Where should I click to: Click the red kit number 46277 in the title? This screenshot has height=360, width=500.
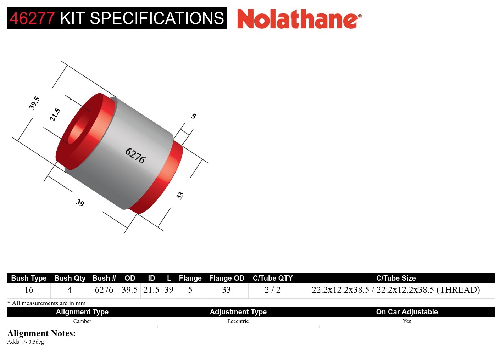pyautogui.click(x=32, y=18)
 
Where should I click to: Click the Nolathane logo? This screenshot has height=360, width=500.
pyautogui.click(x=299, y=19)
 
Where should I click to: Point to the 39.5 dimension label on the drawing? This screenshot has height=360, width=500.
pyautogui.click(x=34, y=103)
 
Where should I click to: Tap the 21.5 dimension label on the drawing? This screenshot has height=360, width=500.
pyautogui.click(x=55, y=115)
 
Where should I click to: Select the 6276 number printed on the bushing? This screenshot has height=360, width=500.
pyautogui.click(x=135, y=156)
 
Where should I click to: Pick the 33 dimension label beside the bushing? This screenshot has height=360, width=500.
pyautogui.click(x=180, y=195)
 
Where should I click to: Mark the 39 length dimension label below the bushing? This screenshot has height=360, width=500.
pyautogui.click(x=80, y=202)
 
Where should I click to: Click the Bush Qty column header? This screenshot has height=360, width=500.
pyautogui.click(x=70, y=278)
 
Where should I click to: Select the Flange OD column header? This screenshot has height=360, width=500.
pyautogui.click(x=227, y=278)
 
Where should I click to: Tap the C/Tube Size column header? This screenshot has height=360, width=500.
pyautogui.click(x=396, y=278)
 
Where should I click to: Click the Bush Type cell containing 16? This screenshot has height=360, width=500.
pyautogui.click(x=29, y=290)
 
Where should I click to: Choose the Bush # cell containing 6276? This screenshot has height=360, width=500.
pyautogui.click(x=104, y=290)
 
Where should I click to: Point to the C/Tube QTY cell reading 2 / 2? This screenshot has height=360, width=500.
pyautogui.click(x=272, y=290)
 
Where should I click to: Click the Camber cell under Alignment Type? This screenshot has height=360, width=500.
pyautogui.click(x=82, y=321)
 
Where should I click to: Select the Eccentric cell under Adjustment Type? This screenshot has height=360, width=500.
pyautogui.click(x=238, y=321)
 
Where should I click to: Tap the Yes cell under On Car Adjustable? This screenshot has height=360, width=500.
pyautogui.click(x=407, y=321)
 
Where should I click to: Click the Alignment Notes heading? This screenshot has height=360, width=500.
pyautogui.click(x=41, y=333)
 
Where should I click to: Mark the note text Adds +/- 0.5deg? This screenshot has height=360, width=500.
pyautogui.click(x=26, y=342)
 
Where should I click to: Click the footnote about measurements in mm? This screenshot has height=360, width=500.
pyautogui.click(x=46, y=303)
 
